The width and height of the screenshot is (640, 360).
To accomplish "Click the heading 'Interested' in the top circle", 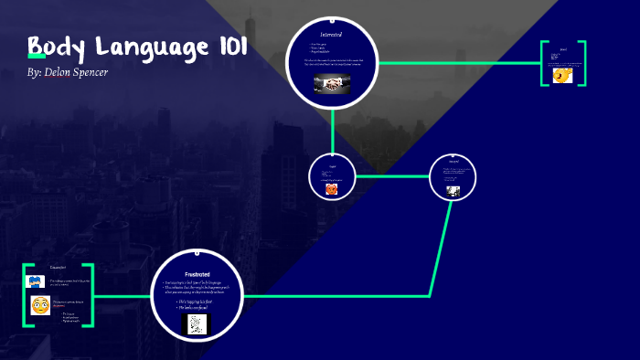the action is (331, 34).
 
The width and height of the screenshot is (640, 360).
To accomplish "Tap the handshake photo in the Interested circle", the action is (331, 83).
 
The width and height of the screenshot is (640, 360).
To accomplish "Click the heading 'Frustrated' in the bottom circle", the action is (198, 274).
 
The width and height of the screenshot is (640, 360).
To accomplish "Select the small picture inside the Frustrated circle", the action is (198, 323).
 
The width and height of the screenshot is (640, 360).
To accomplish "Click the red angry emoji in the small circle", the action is (331, 190).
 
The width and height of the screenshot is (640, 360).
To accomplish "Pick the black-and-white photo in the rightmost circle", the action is (452, 191).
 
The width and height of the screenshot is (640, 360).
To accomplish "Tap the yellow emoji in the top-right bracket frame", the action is (563, 76).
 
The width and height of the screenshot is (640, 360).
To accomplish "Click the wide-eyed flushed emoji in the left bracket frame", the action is (39, 305).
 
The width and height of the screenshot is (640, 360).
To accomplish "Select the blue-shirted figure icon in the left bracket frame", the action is (36, 281).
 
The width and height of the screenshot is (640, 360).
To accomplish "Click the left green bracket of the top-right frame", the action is (544, 63).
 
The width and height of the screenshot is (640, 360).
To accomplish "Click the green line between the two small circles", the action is (391, 175).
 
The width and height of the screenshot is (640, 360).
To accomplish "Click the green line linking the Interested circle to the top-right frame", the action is (457, 63).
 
